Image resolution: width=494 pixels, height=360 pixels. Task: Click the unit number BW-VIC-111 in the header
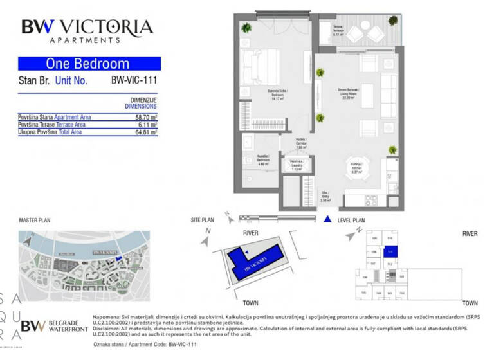click(134, 82)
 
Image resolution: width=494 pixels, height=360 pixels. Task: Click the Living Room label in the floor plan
click(349, 94)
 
